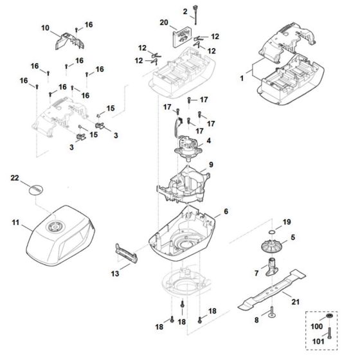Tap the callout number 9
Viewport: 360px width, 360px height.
click(211, 165)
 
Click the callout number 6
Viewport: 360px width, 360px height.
click(226, 212)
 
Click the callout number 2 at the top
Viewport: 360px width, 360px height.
click(185, 11)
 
